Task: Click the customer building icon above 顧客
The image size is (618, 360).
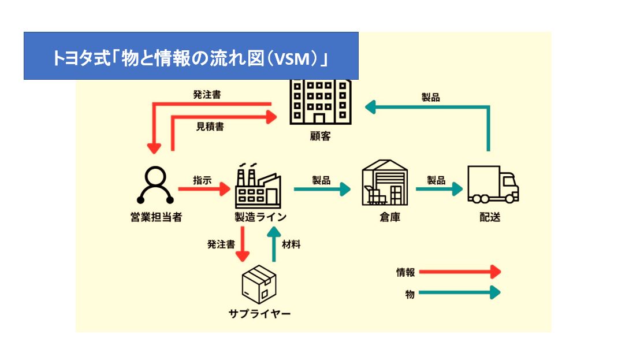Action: [x=321, y=102]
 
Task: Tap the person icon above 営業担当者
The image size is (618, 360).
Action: [x=155, y=184]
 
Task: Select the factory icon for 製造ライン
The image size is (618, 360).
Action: [x=258, y=185]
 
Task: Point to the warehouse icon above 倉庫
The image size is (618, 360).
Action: [x=385, y=183]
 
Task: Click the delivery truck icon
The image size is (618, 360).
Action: [x=493, y=184]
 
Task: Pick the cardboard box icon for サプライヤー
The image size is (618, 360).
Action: [x=259, y=284]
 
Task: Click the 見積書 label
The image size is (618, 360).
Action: [x=210, y=127]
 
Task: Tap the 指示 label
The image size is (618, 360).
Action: [x=202, y=180]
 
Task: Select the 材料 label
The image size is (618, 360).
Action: [x=291, y=244]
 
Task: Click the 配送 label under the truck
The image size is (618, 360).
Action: [x=490, y=217]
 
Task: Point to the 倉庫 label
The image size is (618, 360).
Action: [x=390, y=217]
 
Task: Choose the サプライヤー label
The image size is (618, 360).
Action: [x=260, y=313]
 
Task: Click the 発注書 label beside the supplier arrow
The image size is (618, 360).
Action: [x=221, y=244]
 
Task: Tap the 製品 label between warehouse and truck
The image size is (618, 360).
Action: [x=436, y=180]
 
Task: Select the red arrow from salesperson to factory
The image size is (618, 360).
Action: [x=204, y=189]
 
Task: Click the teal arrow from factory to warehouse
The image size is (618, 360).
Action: [x=322, y=189]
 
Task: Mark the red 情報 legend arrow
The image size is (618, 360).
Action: [x=460, y=272]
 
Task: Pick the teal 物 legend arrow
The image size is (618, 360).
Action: [x=460, y=292]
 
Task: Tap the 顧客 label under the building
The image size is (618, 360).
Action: [x=320, y=136]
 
